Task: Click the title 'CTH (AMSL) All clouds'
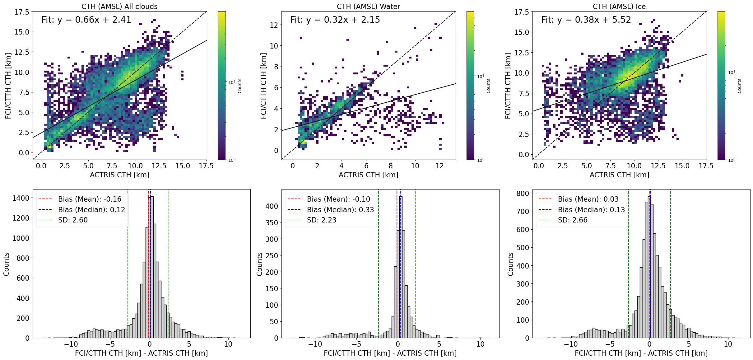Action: tap(119, 7)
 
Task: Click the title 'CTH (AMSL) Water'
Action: tap(368, 7)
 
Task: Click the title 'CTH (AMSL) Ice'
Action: tap(619, 7)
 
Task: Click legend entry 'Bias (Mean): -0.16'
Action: tap(90, 199)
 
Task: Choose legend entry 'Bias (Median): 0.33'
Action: tap(340, 210)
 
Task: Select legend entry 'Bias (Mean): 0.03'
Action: tap(588, 199)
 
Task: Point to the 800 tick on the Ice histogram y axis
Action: tap(523, 194)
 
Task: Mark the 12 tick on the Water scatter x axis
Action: tap(439, 166)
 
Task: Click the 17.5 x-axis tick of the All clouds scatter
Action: tap(206, 166)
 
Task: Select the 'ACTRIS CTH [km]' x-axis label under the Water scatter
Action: tap(368, 175)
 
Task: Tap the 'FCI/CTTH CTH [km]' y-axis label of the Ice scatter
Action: tap(508, 86)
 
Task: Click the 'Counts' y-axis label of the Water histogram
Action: tap(259, 264)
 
